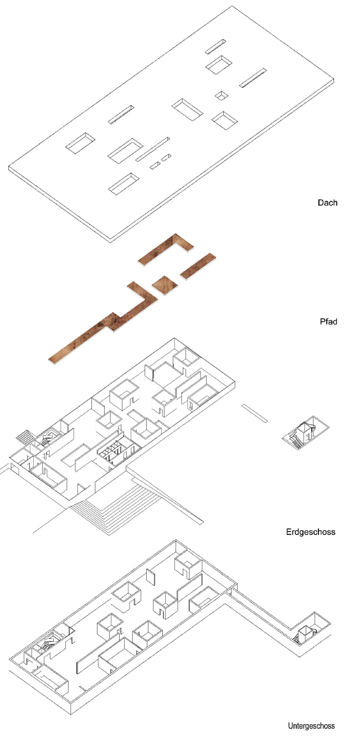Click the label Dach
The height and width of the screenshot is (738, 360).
coord(327,203)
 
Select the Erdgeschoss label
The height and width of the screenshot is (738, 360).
coord(311,533)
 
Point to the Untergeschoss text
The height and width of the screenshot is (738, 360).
coord(311,726)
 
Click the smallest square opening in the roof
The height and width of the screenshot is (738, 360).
coord(222,96)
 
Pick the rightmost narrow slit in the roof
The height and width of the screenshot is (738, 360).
coord(254,78)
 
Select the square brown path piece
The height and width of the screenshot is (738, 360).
coord(165,284)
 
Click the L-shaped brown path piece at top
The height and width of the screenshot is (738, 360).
coord(166,249)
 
